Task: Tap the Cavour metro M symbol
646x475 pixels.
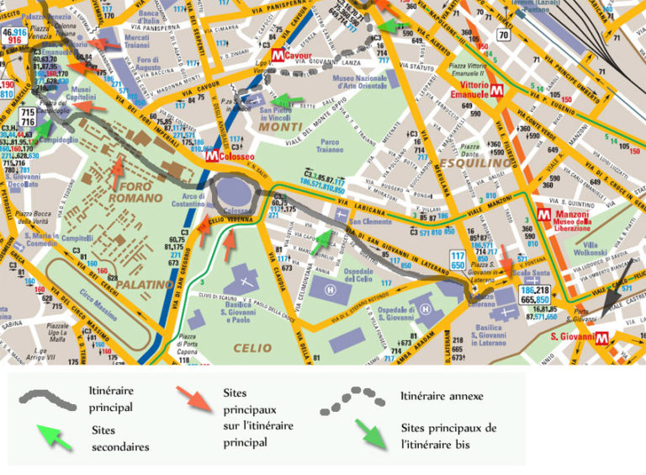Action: pos(279,56)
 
